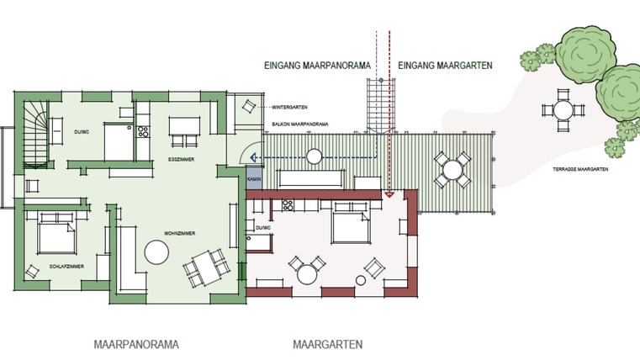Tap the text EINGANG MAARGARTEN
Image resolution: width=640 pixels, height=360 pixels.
(x=445, y=65)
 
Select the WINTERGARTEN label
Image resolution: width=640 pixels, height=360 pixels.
(x=288, y=108)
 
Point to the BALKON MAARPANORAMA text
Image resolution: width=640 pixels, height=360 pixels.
(x=299, y=124)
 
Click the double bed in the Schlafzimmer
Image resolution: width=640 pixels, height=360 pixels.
(x=52, y=233)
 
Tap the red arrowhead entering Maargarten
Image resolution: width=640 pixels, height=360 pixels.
(x=389, y=194)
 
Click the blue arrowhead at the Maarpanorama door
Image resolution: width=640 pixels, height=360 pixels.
(x=260, y=156)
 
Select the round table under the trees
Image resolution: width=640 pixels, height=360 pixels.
(x=561, y=109)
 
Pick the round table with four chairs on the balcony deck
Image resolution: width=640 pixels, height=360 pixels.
(x=452, y=170)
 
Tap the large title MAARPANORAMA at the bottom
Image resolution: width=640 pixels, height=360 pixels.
(x=137, y=345)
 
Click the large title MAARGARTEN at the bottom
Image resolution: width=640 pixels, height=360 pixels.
(x=328, y=345)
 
